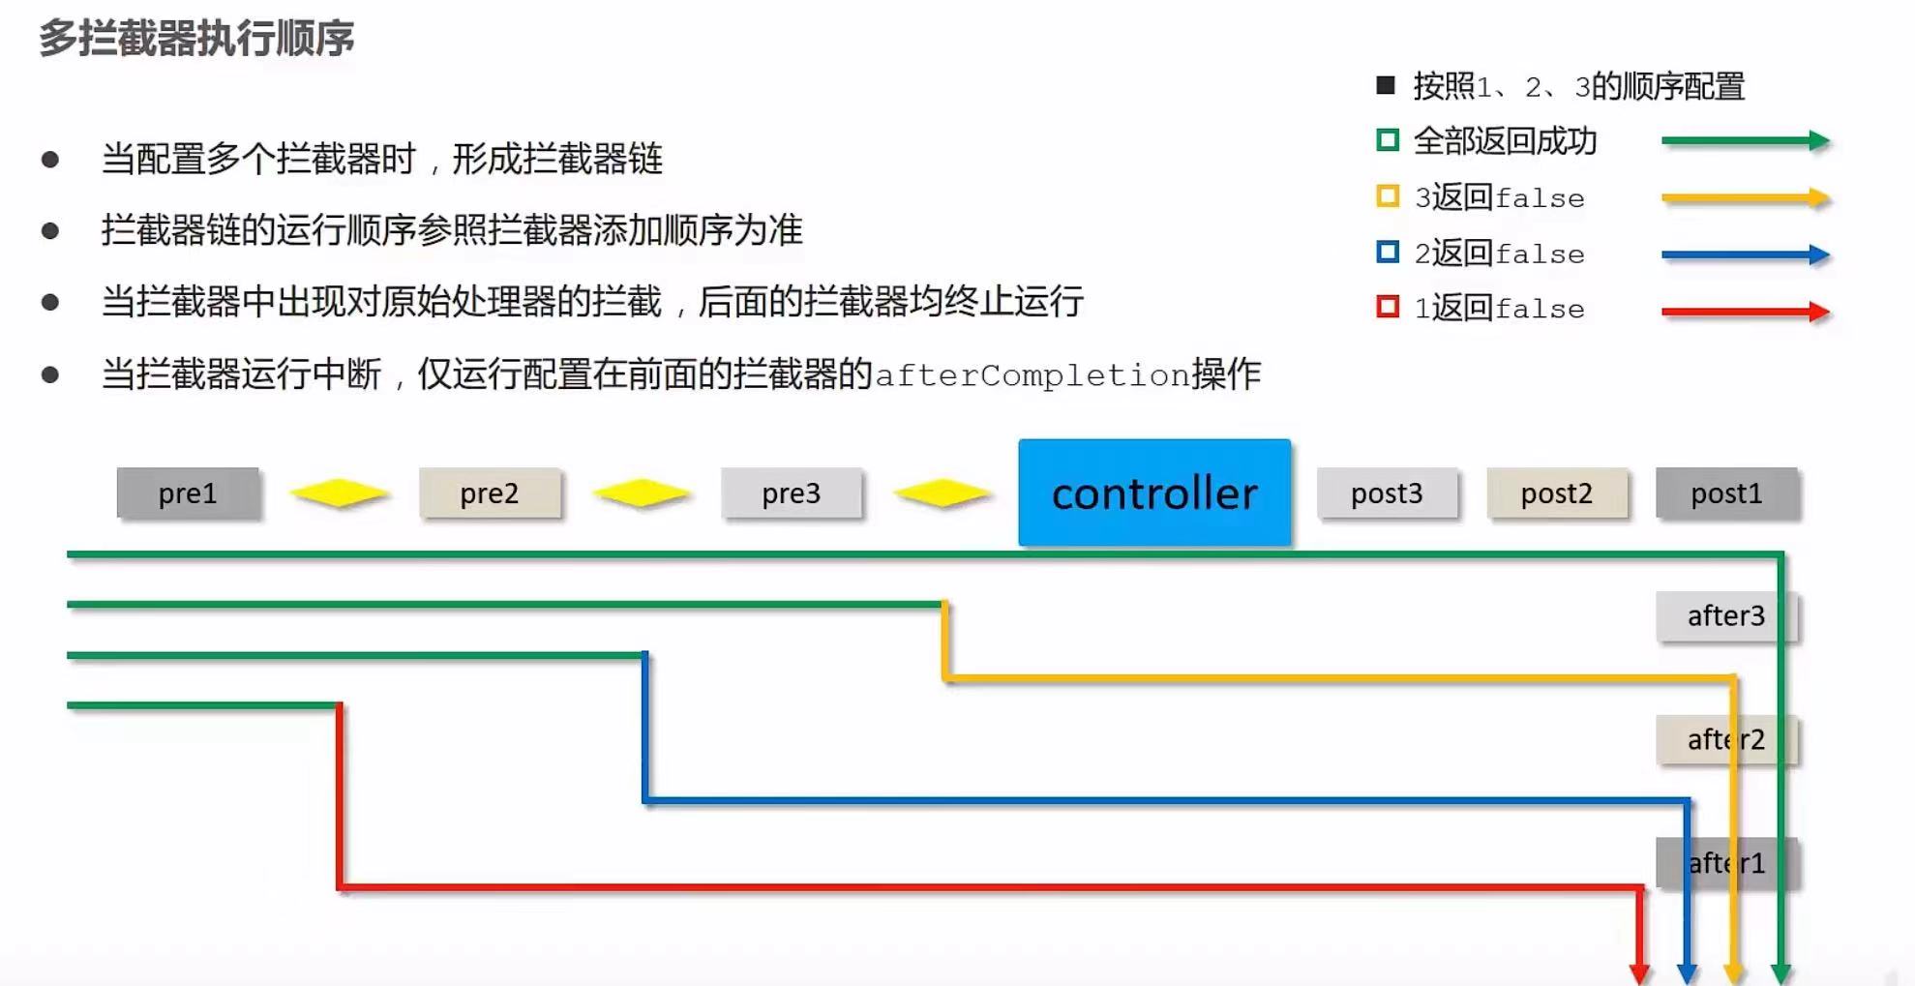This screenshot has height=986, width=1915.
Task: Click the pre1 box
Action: (x=188, y=493)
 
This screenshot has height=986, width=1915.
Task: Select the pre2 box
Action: (x=490, y=493)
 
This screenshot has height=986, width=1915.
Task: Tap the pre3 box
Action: (x=791, y=493)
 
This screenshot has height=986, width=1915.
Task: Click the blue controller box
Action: (x=1153, y=493)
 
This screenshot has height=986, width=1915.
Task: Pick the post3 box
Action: (x=1387, y=493)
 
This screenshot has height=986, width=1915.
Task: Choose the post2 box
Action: (x=1556, y=493)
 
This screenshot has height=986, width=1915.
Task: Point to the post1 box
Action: (x=1726, y=493)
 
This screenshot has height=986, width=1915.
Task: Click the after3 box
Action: (x=1725, y=616)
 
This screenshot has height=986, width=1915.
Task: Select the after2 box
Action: (x=1725, y=740)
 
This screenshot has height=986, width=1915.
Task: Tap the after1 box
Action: (x=1725, y=863)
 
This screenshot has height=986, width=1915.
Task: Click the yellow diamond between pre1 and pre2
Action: (x=339, y=493)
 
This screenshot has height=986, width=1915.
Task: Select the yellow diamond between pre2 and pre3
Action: (x=641, y=493)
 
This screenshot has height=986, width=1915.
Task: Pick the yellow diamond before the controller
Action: (x=942, y=493)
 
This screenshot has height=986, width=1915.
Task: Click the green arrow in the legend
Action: (x=1745, y=141)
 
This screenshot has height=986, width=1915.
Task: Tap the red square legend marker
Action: (x=1388, y=308)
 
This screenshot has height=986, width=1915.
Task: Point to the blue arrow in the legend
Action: (x=1745, y=255)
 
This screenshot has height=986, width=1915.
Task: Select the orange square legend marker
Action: (x=1388, y=197)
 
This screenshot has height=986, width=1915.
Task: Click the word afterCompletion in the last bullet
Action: (x=1032, y=375)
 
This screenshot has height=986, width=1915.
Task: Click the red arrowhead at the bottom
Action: (x=1639, y=971)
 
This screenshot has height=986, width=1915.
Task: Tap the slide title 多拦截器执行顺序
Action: (x=196, y=39)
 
